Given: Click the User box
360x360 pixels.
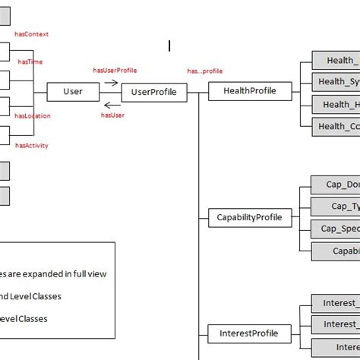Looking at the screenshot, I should point(73,92).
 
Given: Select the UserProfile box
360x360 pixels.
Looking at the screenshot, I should point(154,93).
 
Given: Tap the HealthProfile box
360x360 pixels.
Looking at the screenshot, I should point(250,91).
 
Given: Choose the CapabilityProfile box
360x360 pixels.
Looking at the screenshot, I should point(249,218).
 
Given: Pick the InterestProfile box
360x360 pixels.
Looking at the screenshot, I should point(248,333).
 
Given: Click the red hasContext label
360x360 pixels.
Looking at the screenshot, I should point(32,34).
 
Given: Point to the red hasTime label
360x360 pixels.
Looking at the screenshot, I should point(30,62).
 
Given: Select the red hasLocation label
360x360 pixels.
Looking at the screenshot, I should point(33,116).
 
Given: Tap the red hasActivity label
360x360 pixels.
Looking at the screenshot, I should point(32,144).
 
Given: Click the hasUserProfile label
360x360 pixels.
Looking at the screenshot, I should point(115,70).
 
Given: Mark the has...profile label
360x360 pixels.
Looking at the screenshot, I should point(205,71).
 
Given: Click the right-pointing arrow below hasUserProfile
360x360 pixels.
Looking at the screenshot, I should point(111,82).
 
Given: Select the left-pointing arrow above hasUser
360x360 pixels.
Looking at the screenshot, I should point(112,106).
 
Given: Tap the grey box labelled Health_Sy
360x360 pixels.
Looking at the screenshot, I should point(336,82).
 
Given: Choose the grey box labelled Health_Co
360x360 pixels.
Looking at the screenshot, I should point(336,127).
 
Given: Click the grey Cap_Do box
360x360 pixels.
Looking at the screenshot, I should point(336,185).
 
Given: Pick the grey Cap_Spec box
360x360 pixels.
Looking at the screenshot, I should point(336,229).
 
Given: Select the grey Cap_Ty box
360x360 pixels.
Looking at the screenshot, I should point(336,207).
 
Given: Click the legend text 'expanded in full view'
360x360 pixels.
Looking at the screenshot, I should point(53,273).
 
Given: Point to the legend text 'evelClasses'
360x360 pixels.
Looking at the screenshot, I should point(23,319).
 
